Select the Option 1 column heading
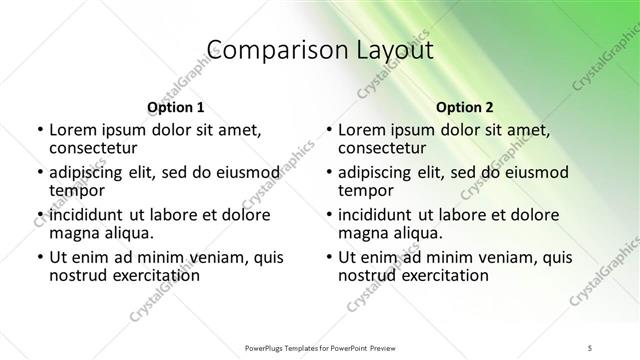[x=176, y=107]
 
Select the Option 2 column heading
[x=465, y=107]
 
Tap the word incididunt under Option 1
[x=93, y=214]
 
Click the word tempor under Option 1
[x=75, y=190]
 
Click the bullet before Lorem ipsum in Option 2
[x=327, y=130]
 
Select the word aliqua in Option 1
[x=127, y=233]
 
